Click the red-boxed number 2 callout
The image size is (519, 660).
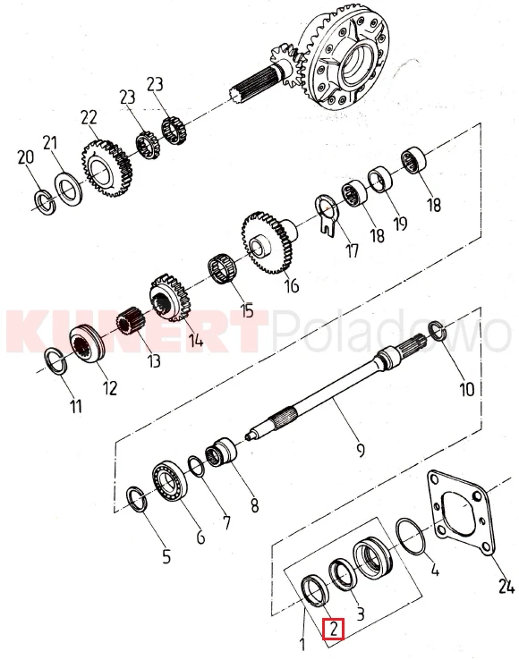(334, 630)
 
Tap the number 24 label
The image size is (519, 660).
(506, 586)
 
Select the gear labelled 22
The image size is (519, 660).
(106, 169)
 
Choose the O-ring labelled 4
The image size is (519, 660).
(411, 537)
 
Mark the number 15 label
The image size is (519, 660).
(247, 310)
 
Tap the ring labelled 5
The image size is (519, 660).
(137, 500)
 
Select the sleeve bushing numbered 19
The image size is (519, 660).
(381, 180)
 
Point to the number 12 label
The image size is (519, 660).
(109, 387)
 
